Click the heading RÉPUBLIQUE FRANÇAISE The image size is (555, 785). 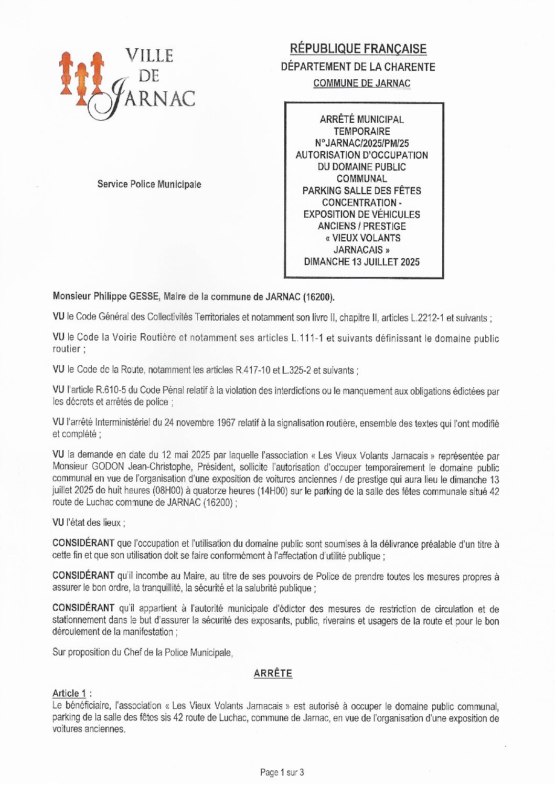point(358,49)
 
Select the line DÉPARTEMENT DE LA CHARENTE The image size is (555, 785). point(358,67)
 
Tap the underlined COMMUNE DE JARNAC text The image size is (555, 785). point(361,83)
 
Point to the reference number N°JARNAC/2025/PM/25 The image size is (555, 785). point(362,143)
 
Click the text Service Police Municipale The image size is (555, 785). point(149,184)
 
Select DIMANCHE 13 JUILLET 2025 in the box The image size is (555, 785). point(362,261)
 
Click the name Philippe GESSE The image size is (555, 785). point(126,296)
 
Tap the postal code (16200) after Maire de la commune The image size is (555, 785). point(318,297)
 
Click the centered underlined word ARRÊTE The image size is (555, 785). point(273,673)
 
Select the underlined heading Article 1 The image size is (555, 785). point(69,693)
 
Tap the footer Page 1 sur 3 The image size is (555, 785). point(282,772)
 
